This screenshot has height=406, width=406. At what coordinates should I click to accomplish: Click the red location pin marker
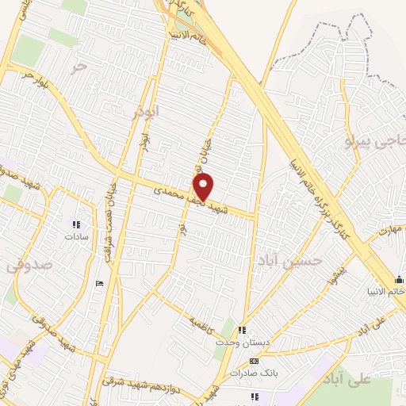(x=204, y=187)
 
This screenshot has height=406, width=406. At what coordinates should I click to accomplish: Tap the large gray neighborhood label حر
(x=77, y=69)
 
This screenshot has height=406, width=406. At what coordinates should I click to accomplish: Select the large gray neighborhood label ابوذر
(x=147, y=111)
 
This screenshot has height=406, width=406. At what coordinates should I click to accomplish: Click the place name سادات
(x=77, y=236)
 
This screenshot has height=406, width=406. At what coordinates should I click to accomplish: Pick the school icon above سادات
(x=77, y=224)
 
